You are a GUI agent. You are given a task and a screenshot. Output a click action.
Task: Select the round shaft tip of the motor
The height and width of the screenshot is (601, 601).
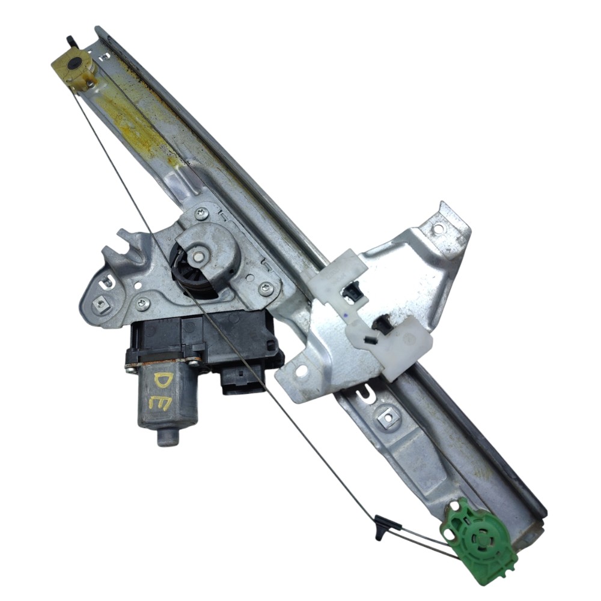click(x=168, y=436)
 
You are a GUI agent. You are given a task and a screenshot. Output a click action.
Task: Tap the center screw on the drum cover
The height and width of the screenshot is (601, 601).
click(x=199, y=252)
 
